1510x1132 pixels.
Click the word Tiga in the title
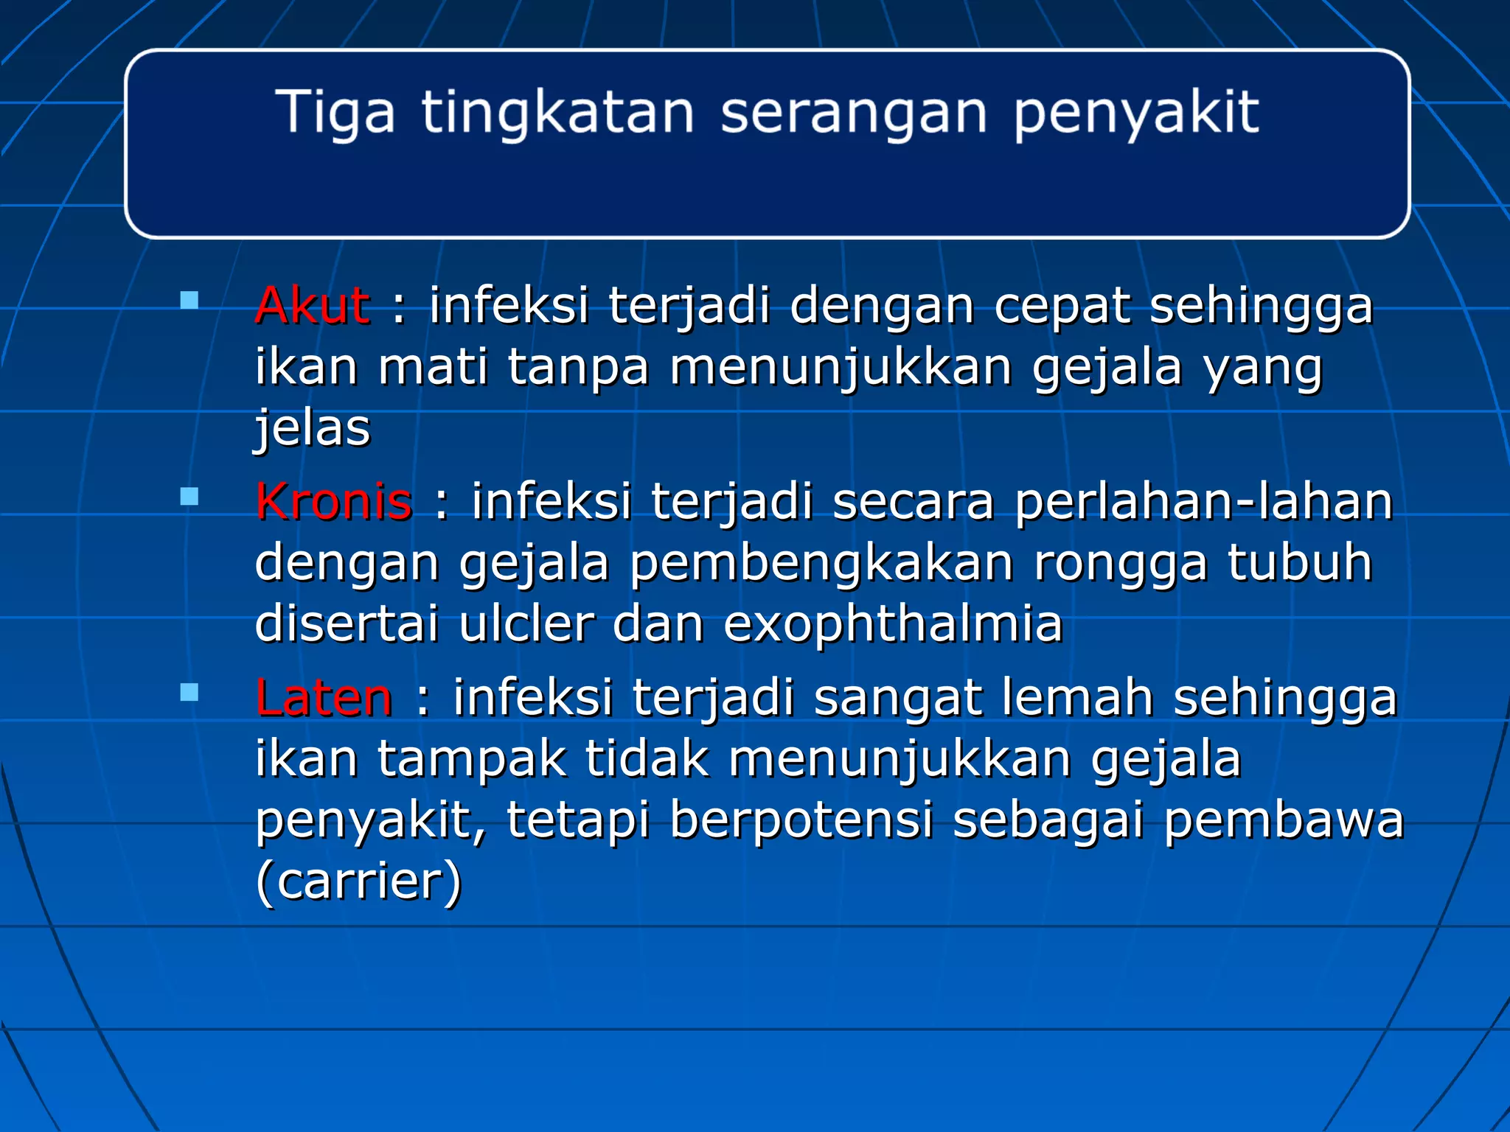(335, 113)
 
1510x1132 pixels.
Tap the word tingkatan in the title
(557, 113)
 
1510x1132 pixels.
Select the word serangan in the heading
(853, 113)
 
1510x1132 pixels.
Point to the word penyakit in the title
(1135, 113)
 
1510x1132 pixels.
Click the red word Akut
(312, 305)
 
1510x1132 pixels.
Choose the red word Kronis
(333, 502)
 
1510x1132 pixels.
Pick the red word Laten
(324, 698)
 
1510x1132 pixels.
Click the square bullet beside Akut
(189, 301)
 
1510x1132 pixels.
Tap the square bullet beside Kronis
(189, 497)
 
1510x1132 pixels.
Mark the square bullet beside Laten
(189, 693)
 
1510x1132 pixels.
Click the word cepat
(1062, 307)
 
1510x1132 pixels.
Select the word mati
(433, 367)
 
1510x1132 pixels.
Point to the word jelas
(312, 429)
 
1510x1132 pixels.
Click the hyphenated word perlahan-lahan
(1203, 502)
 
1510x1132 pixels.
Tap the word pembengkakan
(821, 564)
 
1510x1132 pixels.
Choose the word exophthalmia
(892, 625)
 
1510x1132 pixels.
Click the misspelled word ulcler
(526, 625)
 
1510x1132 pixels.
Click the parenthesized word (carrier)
(358, 881)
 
